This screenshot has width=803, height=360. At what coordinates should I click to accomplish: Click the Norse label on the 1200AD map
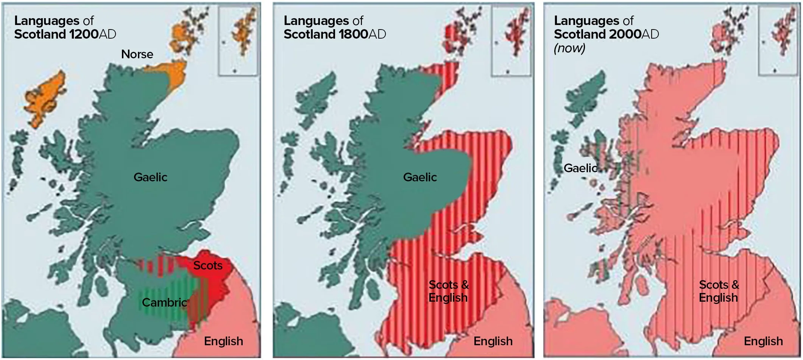pos(137,55)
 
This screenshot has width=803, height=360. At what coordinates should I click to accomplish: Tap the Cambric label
pos(164,302)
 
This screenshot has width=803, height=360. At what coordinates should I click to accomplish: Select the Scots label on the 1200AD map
pos(208,265)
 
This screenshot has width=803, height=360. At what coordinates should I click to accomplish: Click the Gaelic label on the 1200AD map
pos(150,177)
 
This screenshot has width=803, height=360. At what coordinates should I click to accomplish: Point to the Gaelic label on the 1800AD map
pos(420,177)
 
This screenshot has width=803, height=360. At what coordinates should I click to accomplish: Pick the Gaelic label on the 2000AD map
pos(580,168)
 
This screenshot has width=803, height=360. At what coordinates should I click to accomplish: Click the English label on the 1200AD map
pos(223,341)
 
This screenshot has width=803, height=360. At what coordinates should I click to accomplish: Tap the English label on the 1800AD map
pos(493,341)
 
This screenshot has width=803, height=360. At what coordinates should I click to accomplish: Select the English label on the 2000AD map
pos(763,341)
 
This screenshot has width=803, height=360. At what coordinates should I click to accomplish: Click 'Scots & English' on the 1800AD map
pos(449,291)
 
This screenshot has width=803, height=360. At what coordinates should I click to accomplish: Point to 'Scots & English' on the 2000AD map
pos(719,291)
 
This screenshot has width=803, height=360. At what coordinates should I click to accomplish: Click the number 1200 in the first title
pos(84,34)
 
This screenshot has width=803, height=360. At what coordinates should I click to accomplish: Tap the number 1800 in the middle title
pos(353,34)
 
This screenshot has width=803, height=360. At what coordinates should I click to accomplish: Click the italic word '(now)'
pos(570,48)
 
